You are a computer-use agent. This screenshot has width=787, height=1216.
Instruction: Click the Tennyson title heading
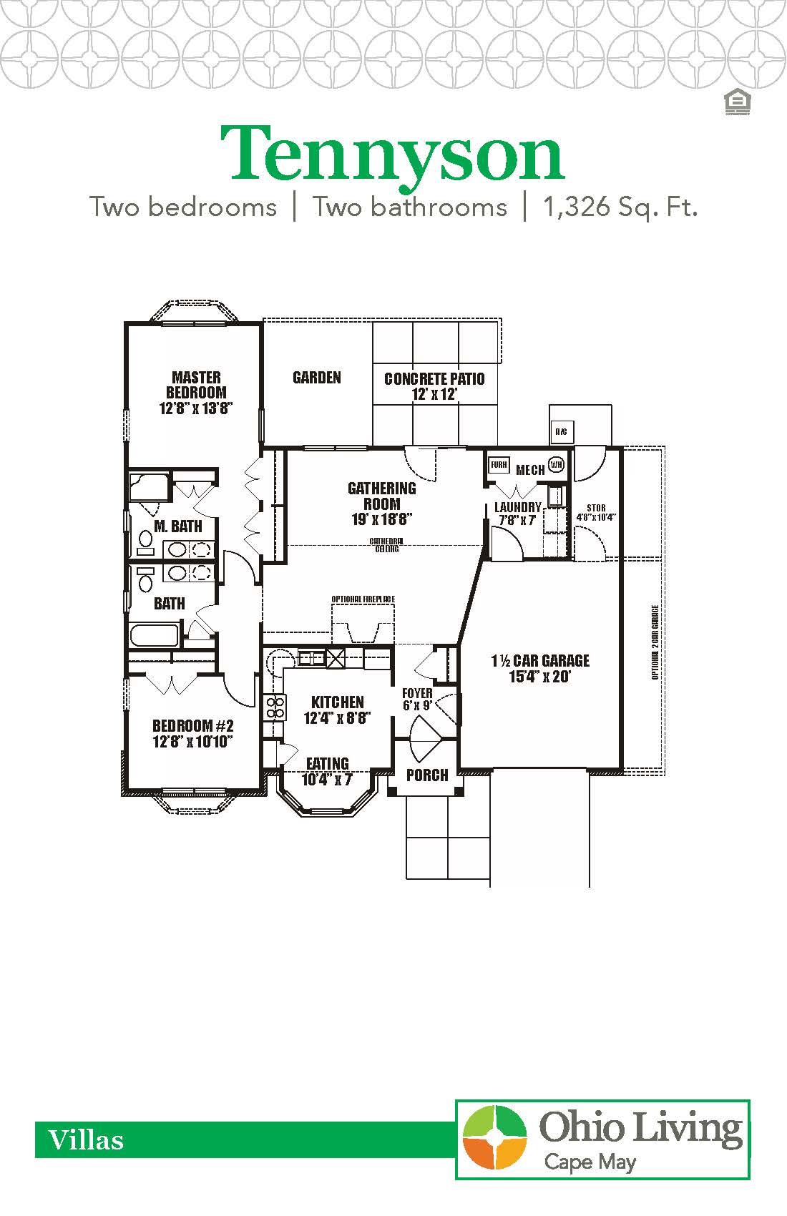pyautogui.click(x=392, y=154)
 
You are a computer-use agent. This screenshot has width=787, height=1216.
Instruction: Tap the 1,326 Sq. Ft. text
pyautogui.click(x=620, y=207)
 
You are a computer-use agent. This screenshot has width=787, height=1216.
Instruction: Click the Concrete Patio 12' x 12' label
pyautogui.click(x=434, y=386)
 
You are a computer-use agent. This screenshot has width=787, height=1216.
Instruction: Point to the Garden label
pyautogui.click(x=317, y=378)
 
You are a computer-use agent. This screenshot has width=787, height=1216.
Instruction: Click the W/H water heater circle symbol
pyautogui.click(x=557, y=464)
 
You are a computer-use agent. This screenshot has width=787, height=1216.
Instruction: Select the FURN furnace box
pyautogui.click(x=499, y=465)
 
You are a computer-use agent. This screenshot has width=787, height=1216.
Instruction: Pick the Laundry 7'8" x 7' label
pyautogui.click(x=518, y=514)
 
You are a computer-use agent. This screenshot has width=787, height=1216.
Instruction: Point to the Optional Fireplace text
pyautogui.click(x=363, y=599)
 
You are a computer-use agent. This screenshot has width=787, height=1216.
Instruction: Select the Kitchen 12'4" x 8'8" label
pyautogui.click(x=338, y=710)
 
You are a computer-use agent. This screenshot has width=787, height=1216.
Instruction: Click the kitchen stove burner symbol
pyautogui.click(x=275, y=708)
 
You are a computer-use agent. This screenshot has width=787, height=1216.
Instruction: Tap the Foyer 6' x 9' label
pyautogui.click(x=417, y=699)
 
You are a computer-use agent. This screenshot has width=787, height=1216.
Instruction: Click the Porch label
pyautogui.click(x=427, y=775)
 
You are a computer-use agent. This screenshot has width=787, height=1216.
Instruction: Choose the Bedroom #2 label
pyautogui.click(x=193, y=733)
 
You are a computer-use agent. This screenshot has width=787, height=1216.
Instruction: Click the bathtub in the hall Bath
pyautogui.click(x=154, y=635)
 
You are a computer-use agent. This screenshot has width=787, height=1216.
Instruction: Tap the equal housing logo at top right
pyautogui.click(x=736, y=102)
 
